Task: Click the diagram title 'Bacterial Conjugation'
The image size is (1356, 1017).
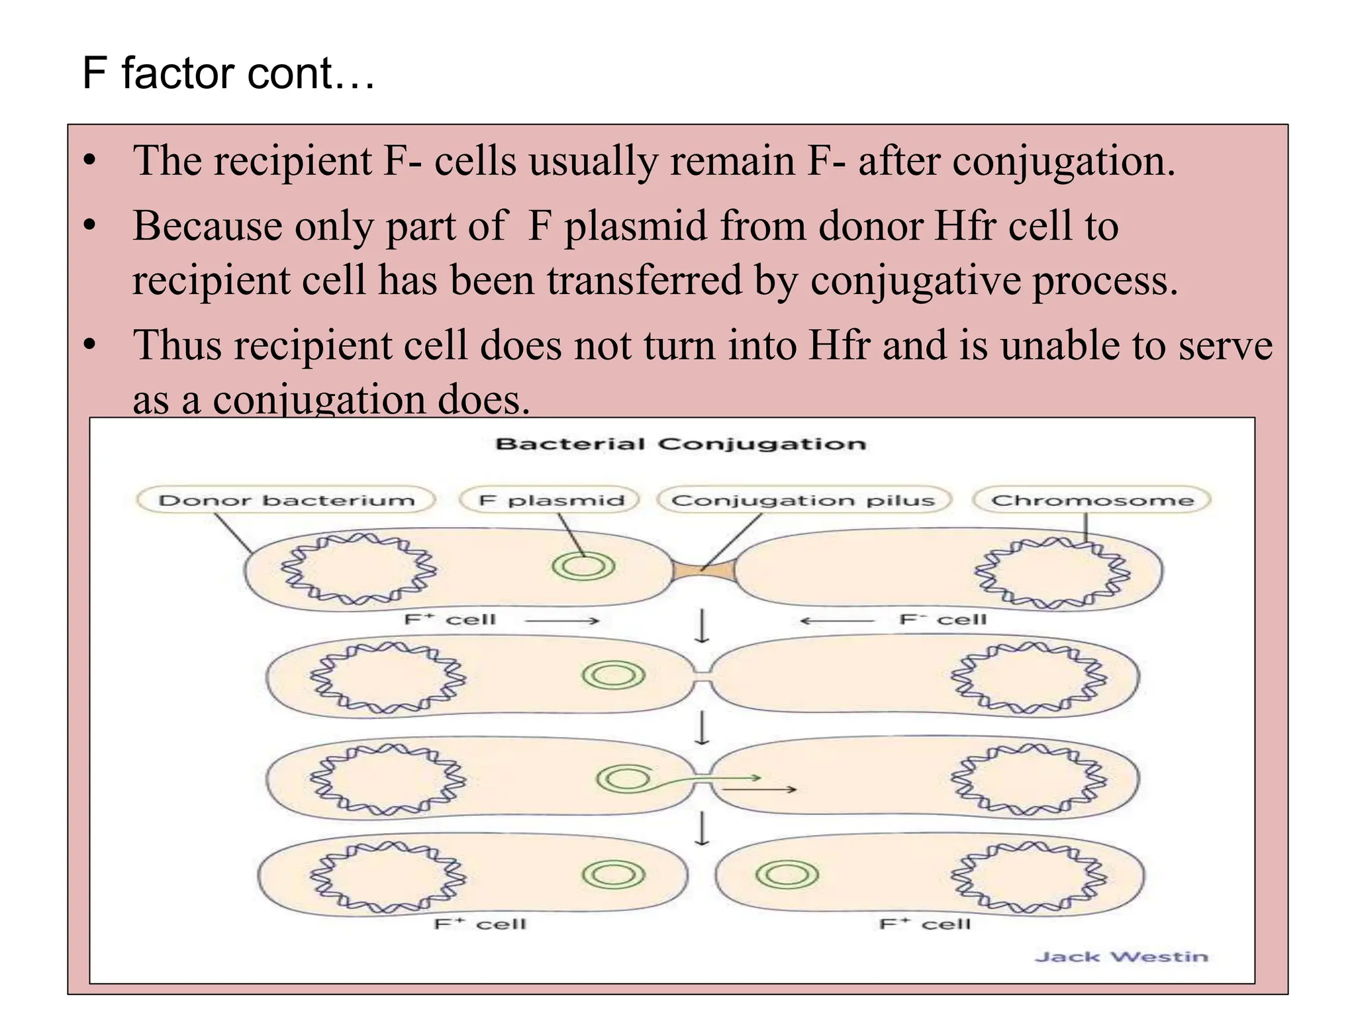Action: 680,444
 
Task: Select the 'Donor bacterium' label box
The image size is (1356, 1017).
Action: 286,500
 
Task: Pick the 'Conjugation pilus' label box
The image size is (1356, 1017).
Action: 803,500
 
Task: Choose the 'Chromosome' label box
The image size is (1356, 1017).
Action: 1092,500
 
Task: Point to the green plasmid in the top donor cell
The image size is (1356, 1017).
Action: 583,566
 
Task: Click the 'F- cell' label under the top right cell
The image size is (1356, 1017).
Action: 942,620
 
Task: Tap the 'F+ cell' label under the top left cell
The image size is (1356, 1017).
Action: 450,620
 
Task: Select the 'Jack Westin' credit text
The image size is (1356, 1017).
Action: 1121,956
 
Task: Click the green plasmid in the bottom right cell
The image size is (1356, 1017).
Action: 787,875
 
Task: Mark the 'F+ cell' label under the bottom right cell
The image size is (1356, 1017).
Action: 925,924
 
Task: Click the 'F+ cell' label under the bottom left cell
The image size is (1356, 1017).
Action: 480,924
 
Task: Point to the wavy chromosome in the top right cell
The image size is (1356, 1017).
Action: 1052,573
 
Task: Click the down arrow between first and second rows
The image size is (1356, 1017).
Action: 702,626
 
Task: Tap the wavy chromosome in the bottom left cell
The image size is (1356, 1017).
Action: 388,877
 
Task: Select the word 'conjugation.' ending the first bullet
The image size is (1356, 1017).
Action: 1063,161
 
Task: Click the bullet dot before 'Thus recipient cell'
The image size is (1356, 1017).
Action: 90,345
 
